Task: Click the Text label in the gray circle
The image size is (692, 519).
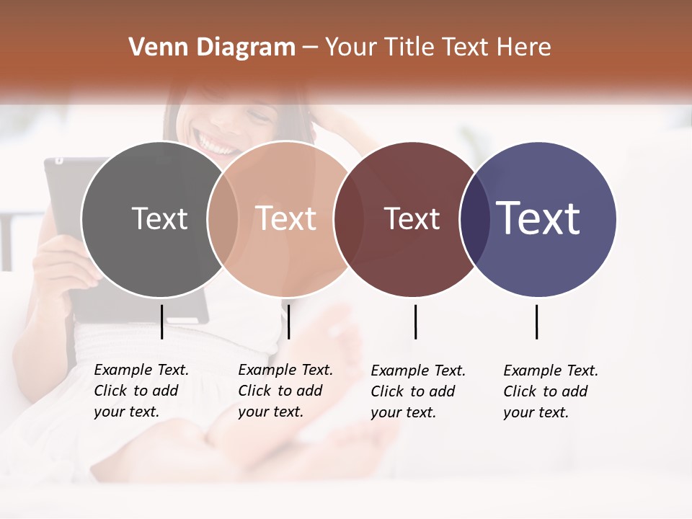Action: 159,218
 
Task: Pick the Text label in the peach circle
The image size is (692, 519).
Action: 286,218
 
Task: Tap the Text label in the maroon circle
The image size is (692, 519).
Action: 412,218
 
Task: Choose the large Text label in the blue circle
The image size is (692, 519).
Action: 538,218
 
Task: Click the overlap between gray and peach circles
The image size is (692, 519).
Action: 223,218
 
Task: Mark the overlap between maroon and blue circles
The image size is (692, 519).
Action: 474,218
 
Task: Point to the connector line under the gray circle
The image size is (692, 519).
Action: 161,321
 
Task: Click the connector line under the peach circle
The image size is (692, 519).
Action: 288,321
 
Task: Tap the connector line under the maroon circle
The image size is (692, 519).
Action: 415,321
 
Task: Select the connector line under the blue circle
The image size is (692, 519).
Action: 536,321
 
